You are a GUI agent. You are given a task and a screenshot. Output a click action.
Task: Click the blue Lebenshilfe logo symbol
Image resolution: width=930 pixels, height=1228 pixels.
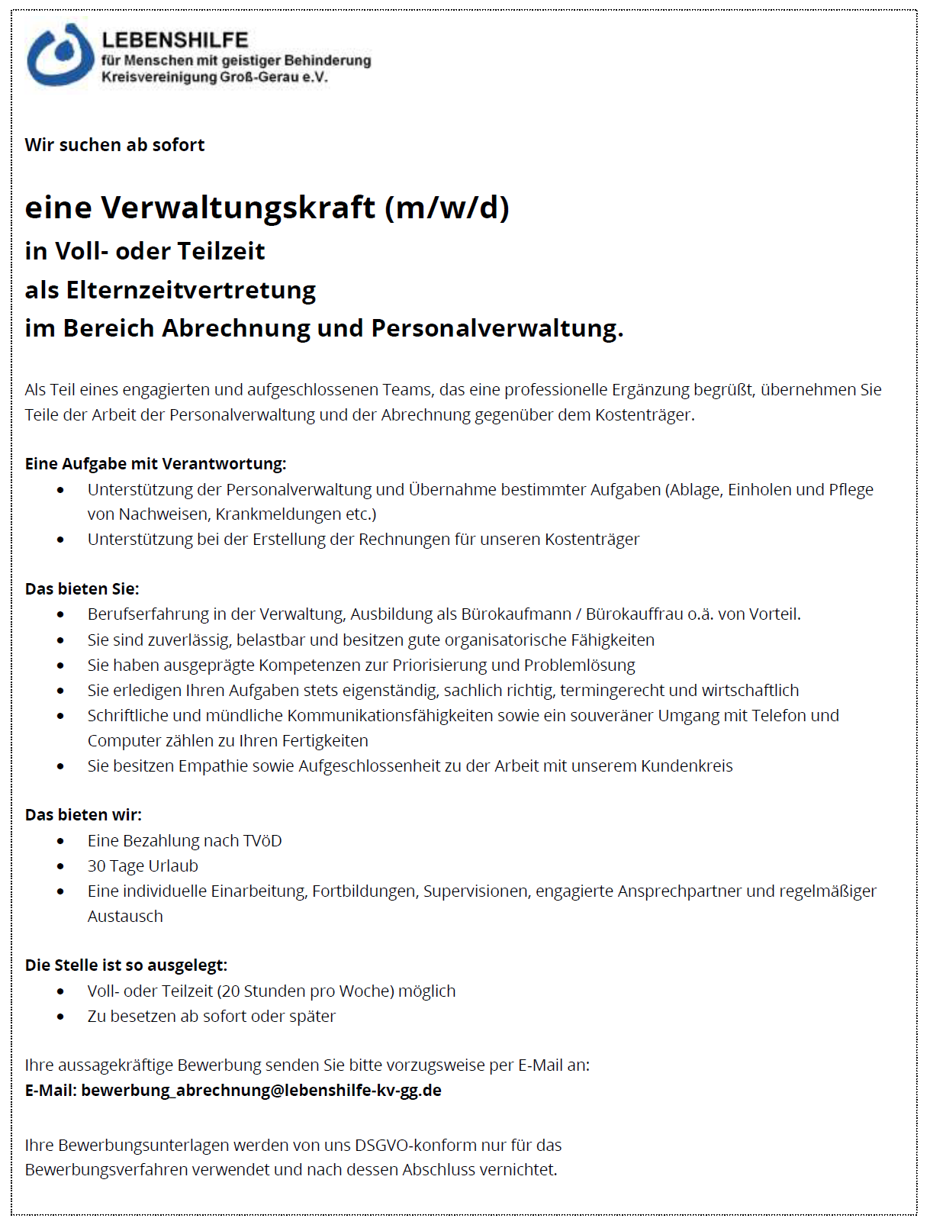[x=60, y=55]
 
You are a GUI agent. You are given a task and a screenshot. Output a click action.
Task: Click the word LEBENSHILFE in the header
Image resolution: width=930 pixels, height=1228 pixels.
[x=175, y=40]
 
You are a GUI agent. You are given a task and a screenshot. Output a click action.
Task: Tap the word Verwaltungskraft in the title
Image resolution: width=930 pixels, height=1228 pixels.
[x=238, y=208]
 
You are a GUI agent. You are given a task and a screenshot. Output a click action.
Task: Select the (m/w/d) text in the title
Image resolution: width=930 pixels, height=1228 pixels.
[x=447, y=208]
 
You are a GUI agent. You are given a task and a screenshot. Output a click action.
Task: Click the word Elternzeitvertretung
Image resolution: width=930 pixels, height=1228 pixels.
[x=191, y=291]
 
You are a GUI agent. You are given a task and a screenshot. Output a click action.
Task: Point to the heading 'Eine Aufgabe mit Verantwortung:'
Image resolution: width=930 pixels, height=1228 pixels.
[x=156, y=464]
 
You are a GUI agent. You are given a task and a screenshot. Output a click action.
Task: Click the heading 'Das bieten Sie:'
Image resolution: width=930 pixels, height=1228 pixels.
[x=82, y=589]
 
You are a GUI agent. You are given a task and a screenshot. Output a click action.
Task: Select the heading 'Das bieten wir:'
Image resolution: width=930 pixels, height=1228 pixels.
[x=83, y=815]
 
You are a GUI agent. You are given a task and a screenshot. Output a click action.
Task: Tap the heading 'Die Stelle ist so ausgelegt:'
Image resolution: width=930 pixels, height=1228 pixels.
[x=126, y=965]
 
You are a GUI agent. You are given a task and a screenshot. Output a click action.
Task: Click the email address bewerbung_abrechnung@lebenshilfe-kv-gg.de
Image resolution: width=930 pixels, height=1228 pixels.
[x=261, y=1091]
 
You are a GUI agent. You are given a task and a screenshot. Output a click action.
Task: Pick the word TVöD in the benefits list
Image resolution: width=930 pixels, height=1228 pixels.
[x=262, y=841]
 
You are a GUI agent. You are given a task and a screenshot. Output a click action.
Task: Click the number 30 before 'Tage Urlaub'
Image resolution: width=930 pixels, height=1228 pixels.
[x=96, y=866]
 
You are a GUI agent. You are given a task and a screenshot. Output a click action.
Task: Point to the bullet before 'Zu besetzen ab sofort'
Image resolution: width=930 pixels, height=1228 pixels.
[x=61, y=1017]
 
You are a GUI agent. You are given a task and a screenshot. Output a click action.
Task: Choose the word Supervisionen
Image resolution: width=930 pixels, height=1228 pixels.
[x=475, y=891]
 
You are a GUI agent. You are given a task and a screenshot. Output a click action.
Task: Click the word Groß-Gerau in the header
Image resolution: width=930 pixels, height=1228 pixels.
[x=259, y=77]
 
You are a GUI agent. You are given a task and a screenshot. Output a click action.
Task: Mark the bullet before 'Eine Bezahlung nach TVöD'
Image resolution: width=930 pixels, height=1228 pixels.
[x=61, y=842]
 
